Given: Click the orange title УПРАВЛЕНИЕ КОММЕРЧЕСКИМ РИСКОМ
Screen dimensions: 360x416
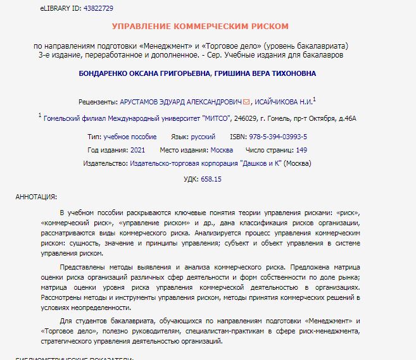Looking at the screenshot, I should pyautogui.click(x=200, y=27).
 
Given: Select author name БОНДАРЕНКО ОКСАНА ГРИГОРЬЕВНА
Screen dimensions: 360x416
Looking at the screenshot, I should pyautogui.click(x=144, y=73).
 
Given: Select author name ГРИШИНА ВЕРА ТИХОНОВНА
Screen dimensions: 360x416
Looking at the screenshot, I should pyautogui.click(x=265, y=73).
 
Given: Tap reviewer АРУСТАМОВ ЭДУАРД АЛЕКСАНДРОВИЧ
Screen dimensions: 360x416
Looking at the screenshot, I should pyautogui.click(x=180, y=101).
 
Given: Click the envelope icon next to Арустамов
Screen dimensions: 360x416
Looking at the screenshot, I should pyautogui.click(x=247, y=101).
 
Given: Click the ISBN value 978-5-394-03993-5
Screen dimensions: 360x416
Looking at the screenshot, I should pyautogui.click(x=277, y=136).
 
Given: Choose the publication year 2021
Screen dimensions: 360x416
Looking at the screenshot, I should pyautogui.click(x=137, y=150).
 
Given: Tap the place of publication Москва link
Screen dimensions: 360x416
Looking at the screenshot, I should pyautogui.click(x=222, y=150).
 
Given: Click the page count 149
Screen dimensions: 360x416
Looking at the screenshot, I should pyautogui.click(x=301, y=150).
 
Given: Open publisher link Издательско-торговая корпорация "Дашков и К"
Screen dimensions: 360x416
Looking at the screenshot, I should pyautogui.click(x=205, y=163).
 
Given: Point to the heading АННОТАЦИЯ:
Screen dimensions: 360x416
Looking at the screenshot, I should pyautogui.click(x=36, y=197).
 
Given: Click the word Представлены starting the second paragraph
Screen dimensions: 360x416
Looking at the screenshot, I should pyautogui.click(x=82, y=268).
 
